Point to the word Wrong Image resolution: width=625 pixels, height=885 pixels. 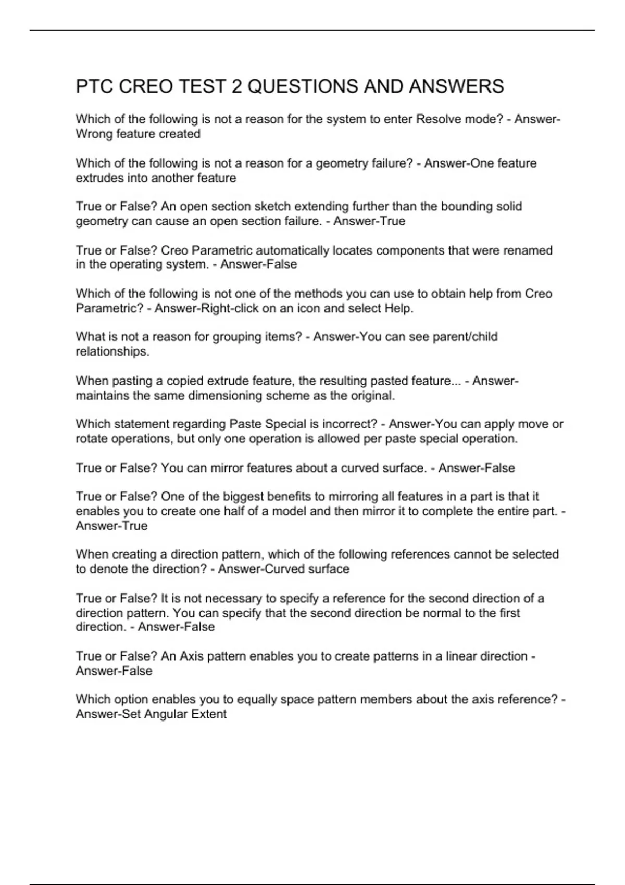pyautogui.click(x=94, y=134)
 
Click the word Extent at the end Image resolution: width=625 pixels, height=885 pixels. pyautogui.click(x=209, y=714)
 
